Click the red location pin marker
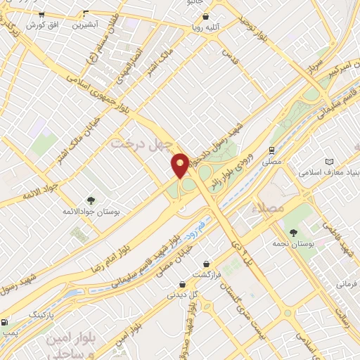click(x=180, y=166)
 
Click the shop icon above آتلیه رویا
click(x=211, y=19)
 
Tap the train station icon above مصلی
click(x=271, y=150)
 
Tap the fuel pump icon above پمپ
click(x=6, y=321)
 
